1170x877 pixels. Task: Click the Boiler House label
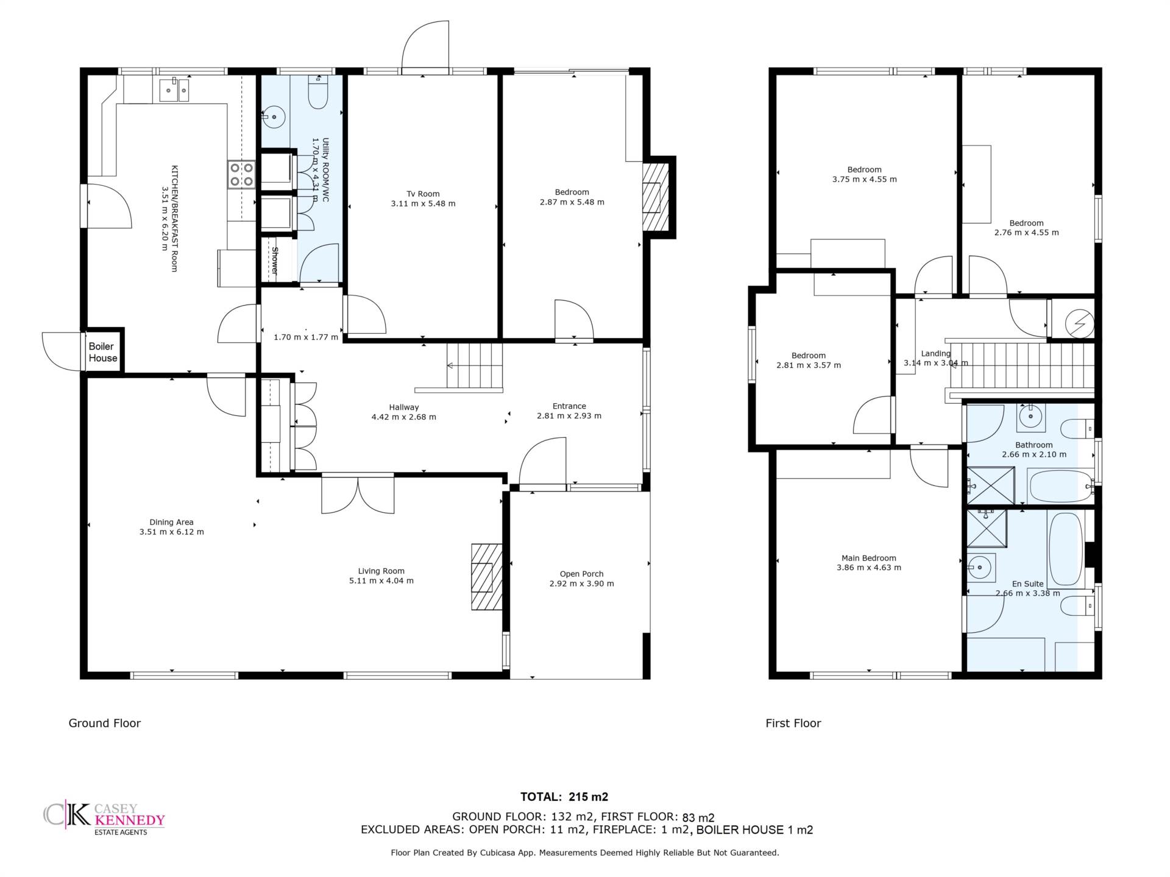[102, 352]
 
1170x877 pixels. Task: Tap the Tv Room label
[423, 194]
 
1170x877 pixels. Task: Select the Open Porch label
[581, 574]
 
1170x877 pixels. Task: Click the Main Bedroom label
[868, 558]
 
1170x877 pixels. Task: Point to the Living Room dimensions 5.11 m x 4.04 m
[381, 581]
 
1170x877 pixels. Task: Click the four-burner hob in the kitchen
[242, 174]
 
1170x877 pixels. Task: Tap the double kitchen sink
[174, 91]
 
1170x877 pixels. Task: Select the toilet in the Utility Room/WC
[318, 91]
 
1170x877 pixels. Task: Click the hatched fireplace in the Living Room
[486, 577]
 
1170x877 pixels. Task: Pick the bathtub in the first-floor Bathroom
[1060, 487]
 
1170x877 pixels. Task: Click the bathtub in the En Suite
[1065, 549]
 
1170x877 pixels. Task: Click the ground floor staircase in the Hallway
[475, 365]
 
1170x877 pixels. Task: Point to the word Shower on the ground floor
[275, 261]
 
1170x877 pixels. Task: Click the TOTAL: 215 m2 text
[564, 797]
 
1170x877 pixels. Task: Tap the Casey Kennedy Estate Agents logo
[104, 818]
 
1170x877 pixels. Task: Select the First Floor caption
[793, 724]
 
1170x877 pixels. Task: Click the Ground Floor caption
[105, 724]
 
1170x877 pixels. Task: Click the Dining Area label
[171, 522]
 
